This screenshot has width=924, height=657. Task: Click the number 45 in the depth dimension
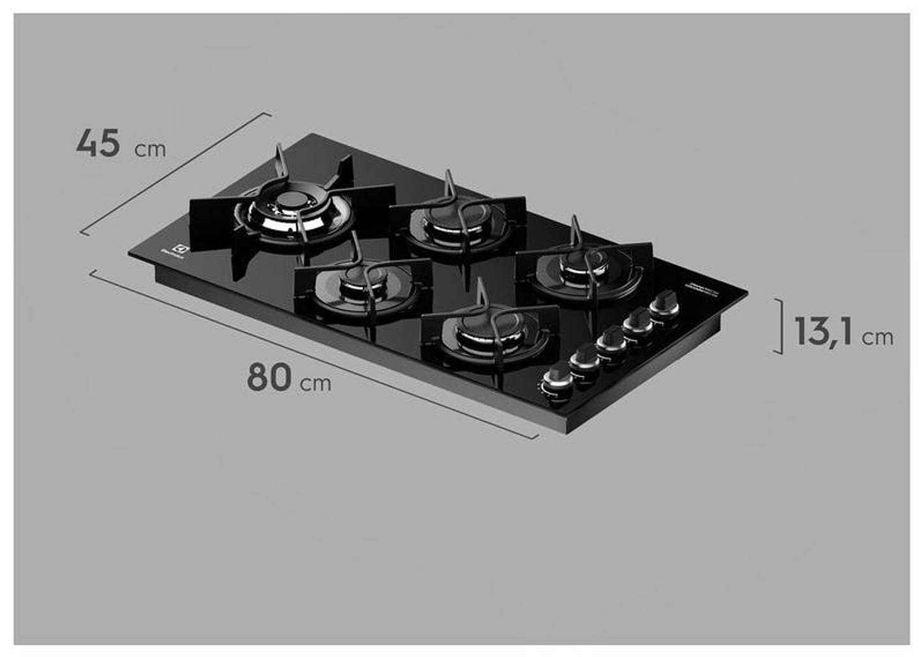coord(98,143)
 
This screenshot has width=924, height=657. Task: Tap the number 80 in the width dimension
coord(269,377)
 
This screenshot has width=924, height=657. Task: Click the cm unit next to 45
coord(151,150)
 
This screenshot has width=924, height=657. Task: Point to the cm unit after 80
coord(317,383)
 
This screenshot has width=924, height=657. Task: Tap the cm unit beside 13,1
coord(878,337)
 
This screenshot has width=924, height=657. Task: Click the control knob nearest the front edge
coord(556,383)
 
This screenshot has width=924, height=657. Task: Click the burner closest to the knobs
coord(584,271)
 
